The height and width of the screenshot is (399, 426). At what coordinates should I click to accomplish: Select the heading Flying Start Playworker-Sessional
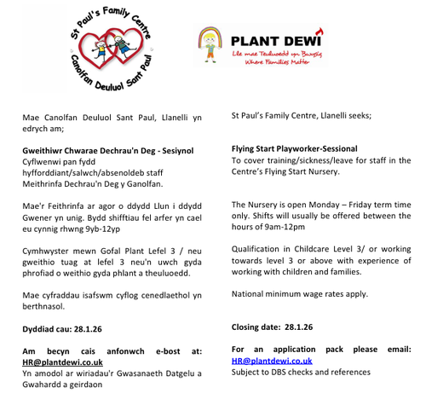[294, 148]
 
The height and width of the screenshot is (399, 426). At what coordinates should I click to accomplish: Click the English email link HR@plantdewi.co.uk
[272, 361]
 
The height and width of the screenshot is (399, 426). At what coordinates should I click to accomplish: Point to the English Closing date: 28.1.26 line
[272, 327]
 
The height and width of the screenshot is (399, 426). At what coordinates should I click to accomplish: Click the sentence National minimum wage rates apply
[300, 294]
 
